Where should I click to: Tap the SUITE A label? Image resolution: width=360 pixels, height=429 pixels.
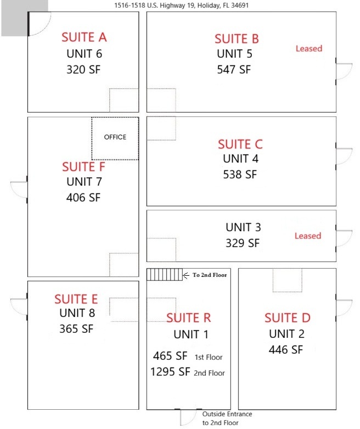coord(84,37)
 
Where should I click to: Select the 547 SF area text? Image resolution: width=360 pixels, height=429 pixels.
coord(234,69)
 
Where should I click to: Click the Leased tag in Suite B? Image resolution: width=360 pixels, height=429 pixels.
coord(308,48)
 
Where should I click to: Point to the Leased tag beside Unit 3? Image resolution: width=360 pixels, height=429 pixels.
coord(307,236)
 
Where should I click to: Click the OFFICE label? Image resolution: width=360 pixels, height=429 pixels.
coord(115,137)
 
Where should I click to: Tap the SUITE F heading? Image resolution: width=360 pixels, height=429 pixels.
coord(83,166)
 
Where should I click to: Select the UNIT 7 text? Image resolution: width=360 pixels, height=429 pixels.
coord(84,182)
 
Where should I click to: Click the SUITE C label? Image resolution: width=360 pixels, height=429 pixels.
coord(240,144)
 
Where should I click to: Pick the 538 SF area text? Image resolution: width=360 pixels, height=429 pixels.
coord(240,175)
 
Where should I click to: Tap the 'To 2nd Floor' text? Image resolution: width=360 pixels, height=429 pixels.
coord(210,275)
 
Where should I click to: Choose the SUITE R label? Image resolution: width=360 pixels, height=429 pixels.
coord(189,318)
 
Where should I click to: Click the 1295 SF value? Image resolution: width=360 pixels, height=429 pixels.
coord(170,372)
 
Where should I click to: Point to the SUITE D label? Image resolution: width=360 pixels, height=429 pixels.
coord(288,318)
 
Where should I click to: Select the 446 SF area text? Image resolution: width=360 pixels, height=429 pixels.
coord(286,349)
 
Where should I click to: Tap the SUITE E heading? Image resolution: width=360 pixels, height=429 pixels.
coord(76,299)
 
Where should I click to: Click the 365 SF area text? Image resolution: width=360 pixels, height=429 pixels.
coord(76,328)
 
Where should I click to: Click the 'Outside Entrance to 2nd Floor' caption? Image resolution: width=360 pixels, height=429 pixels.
coord(227,419)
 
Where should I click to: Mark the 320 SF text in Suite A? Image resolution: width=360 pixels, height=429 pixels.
coord(84,69)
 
